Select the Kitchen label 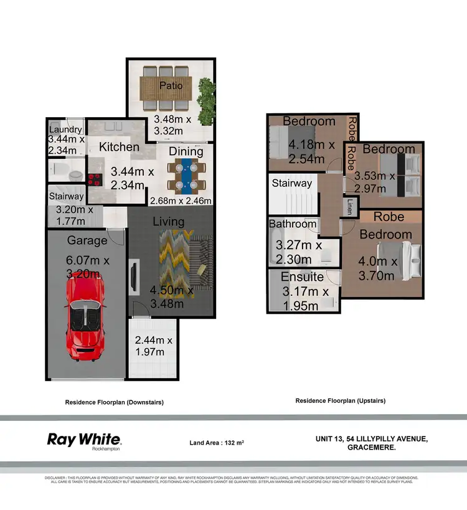[x=119, y=147]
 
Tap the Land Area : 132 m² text [x=217, y=443]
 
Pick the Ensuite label [x=302, y=276]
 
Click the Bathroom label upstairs [x=293, y=224]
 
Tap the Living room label [x=168, y=222]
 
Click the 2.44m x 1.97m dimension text [x=154, y=346]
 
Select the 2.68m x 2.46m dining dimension [x=181, y=201]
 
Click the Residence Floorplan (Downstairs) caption [x=114, y=402]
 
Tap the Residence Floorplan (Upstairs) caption [x=340, y=401]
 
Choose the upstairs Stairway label [x=291, y=183]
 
